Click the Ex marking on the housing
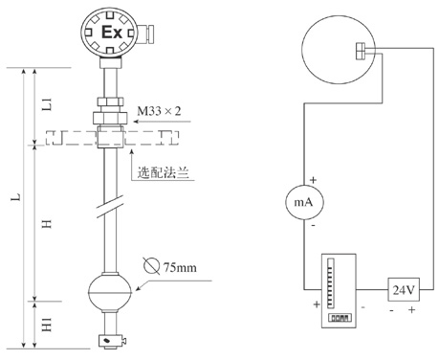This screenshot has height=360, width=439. pyautogui.click(x=112, y=33)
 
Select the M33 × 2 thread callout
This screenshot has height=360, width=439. pyautogui.click(x=159, y=111)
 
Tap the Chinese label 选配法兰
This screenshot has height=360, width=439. pyautogui.click(x=164, y=172)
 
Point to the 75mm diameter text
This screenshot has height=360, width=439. pyautogui.click(x=180, y=267)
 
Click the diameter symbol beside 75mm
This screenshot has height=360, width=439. pyautogui.click(x=151, y=265)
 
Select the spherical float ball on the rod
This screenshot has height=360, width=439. pyautogui.click(x=110, y=291)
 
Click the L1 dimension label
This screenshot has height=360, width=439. pyautogui.click(x=47, y=104)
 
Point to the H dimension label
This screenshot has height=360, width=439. pyautogui.click(x=47, y=224)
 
